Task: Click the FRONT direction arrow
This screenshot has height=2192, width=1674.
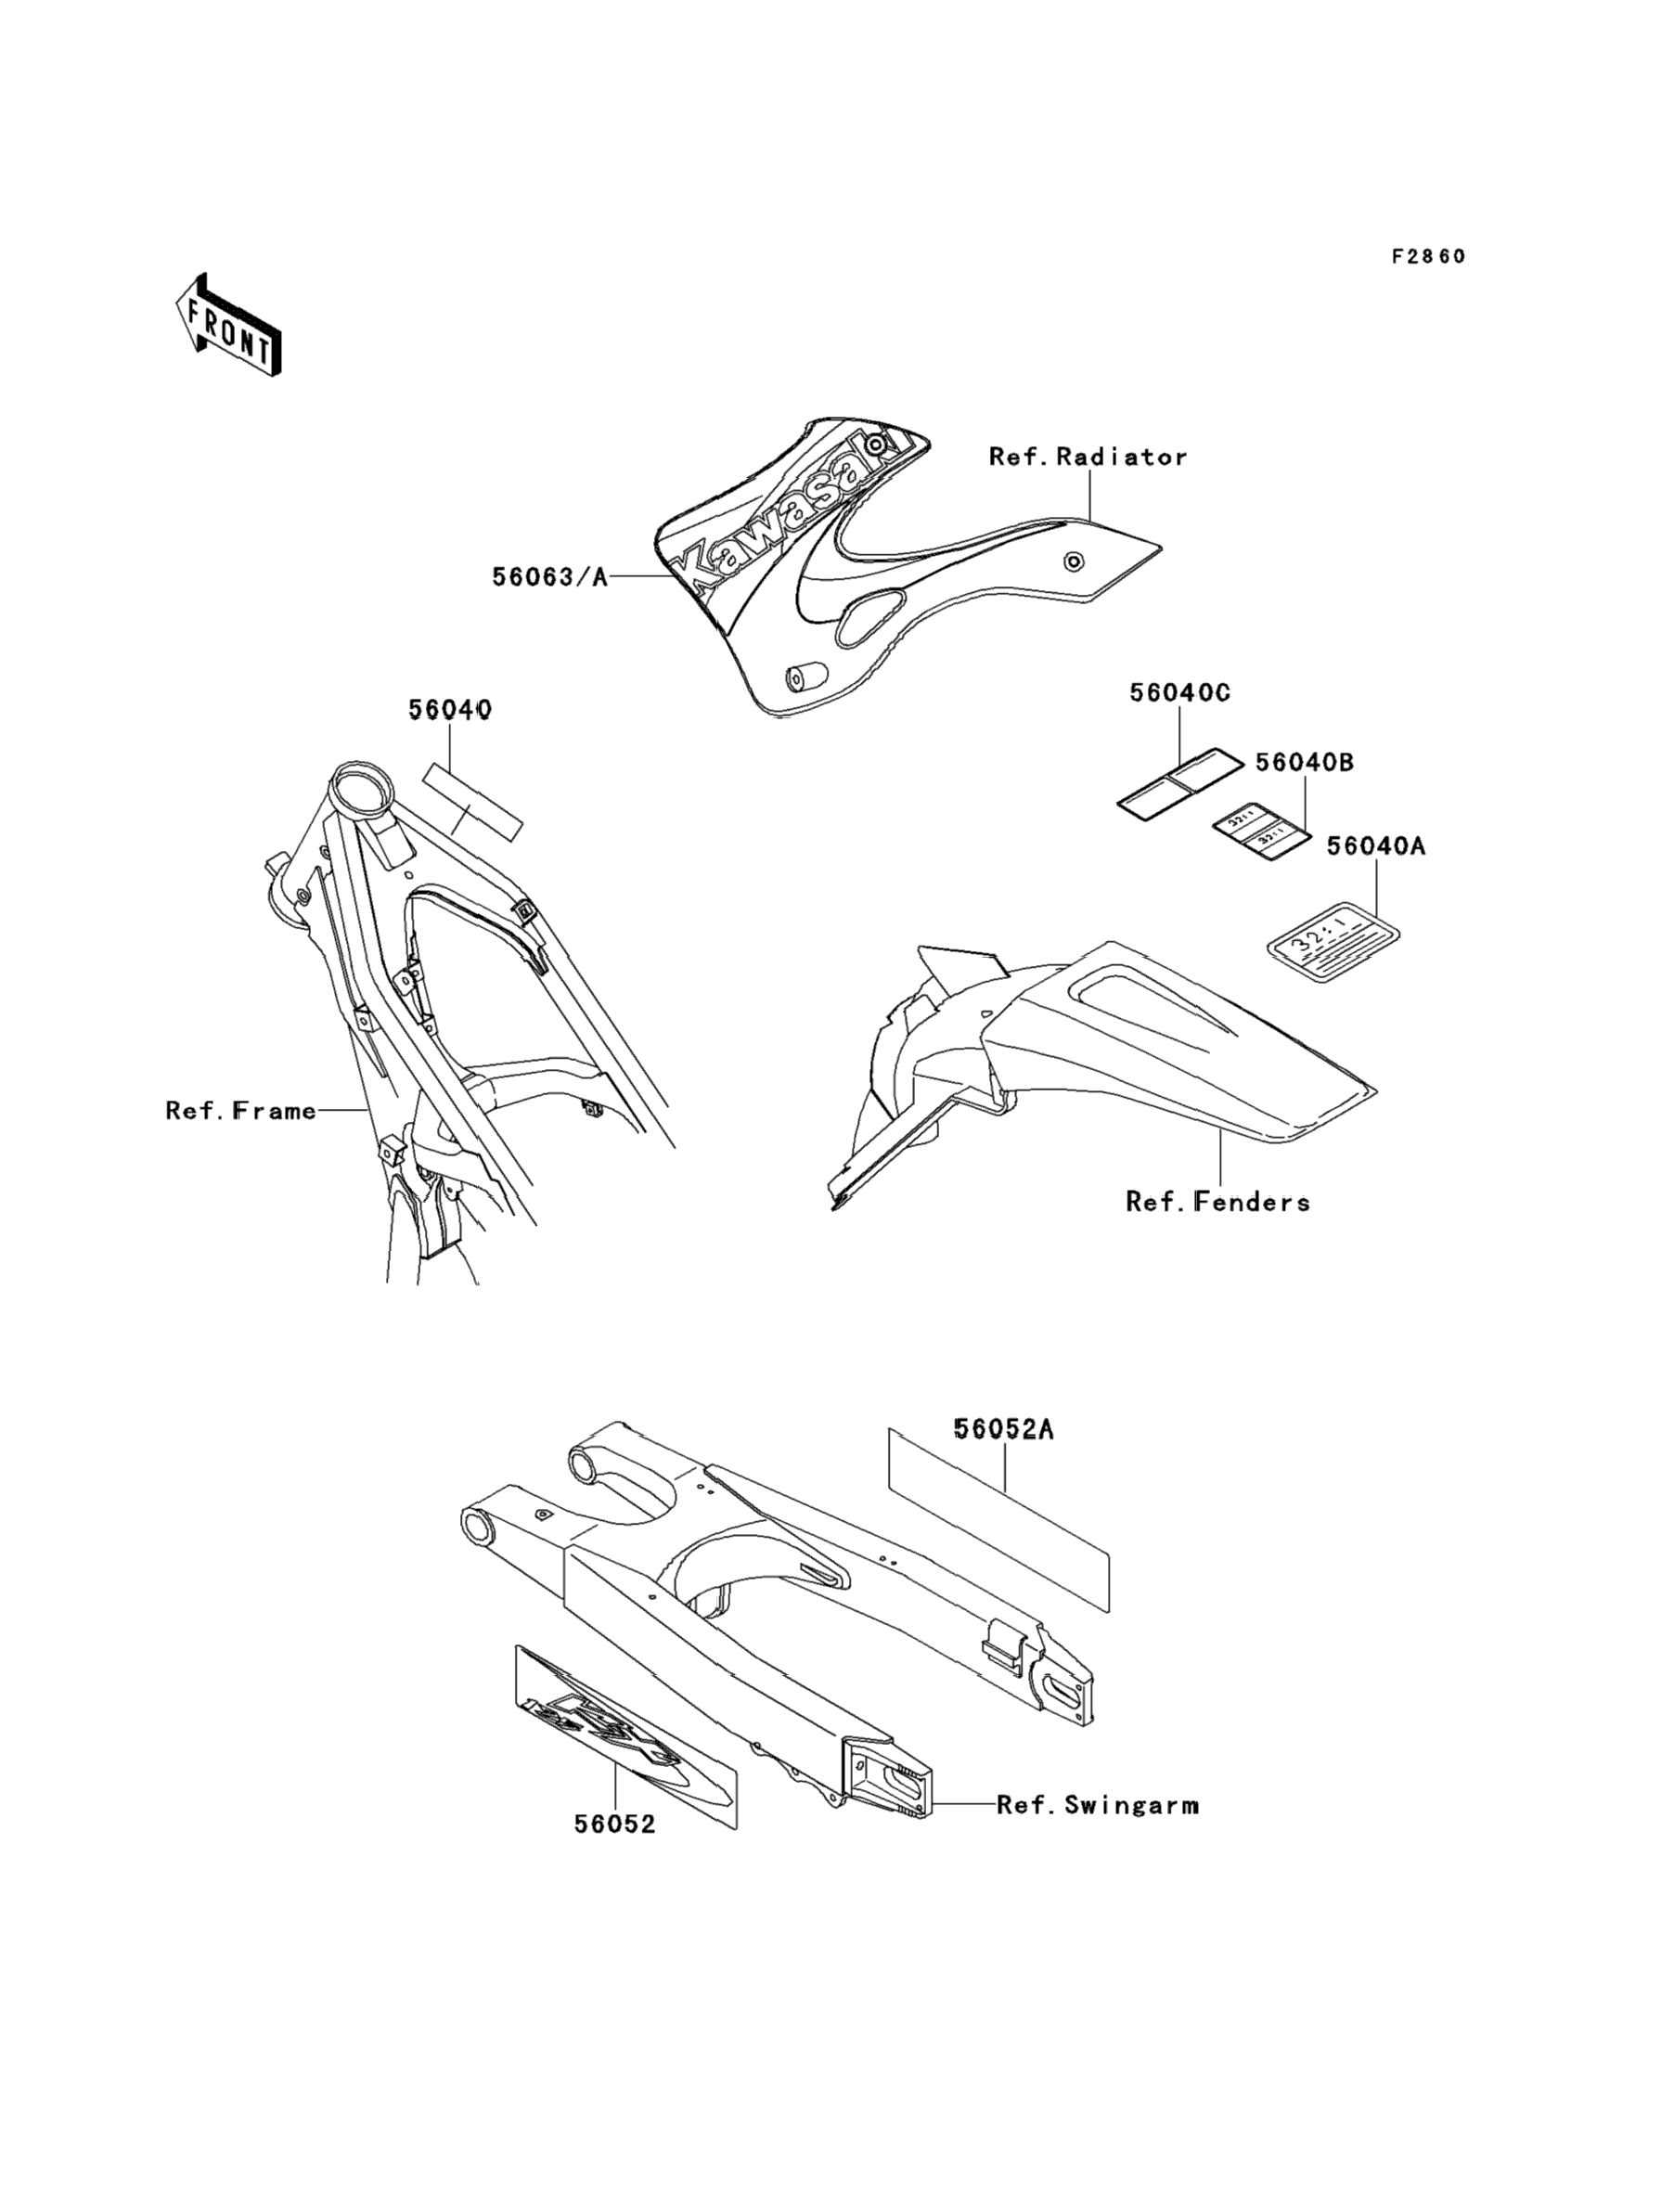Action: pyautogui.click(x=228, y=325)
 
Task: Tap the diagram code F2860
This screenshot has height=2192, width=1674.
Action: pyautogui.click(x=1428, y=257)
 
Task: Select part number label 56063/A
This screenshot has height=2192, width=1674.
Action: pyautogui.click(x=549, y=577)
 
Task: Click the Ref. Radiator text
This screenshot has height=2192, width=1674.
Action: pyautogui.click(x=1088, y=458)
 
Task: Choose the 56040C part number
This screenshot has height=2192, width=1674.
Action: pyautogui.click(x=1179, y=692)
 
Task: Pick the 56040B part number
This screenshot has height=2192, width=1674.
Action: pyautogui.click(x=1304, y=762)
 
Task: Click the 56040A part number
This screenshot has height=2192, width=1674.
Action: pyautogui.click(x=1375, y=846)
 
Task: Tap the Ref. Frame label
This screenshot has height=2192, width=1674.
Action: pyautogui.click(x=241, y=1110)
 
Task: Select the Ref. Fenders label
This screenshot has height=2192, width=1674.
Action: pyautogui.click(x=1217, y=1202)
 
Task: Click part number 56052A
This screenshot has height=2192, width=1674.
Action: pyautogui.click(x=1003, y=1430)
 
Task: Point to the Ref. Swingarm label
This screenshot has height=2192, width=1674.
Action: pyautogui.click(x=1098, y=1804)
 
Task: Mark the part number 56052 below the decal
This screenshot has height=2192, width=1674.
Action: pyautogui.click(x=615, y=1824)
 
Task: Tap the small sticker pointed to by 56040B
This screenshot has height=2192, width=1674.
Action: pyautogui.click(x=1259, y=830)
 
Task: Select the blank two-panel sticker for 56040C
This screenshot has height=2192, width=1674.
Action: pyautogui.click(x=1178, y=783)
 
